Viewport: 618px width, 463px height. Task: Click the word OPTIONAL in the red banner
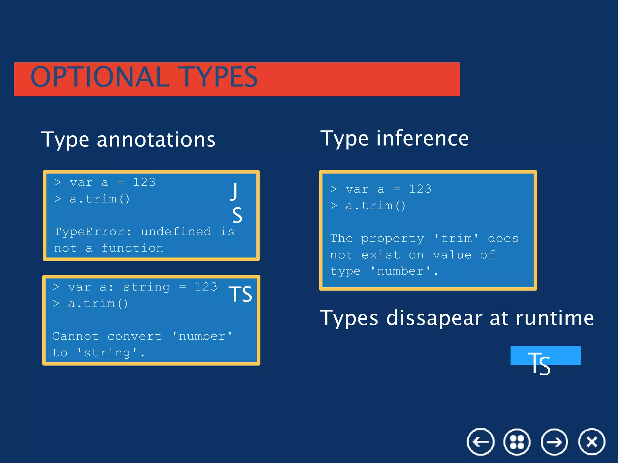[x=100, y=77]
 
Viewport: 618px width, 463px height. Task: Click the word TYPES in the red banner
[x=218, y=77]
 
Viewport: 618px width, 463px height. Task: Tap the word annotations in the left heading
[x=156, y=140]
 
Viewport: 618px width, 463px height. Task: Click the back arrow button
[x=480, y=442]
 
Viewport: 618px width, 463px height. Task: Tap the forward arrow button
[x=554, y=442]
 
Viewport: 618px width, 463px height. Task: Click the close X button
[x=592, y=442]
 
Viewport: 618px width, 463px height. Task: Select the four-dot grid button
[x=517, y=442]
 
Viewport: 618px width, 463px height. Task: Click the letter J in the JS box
[x=234, y=191]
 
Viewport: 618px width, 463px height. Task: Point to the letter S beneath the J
[x=237, y=215]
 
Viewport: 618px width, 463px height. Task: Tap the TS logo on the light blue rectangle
[x=540, y=363]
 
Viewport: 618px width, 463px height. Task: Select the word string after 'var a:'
[x=147, y=287]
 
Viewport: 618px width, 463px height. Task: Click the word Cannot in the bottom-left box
[x=75, y=336]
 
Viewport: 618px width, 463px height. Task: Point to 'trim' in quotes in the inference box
[x=456, y=238]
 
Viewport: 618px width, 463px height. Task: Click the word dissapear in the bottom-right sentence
[x=435, y=318]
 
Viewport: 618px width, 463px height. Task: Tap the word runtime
[x=555, y=318]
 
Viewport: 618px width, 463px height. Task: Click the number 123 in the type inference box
[x=420, y=189]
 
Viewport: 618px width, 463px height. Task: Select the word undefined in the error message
[x=176, y=232]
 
